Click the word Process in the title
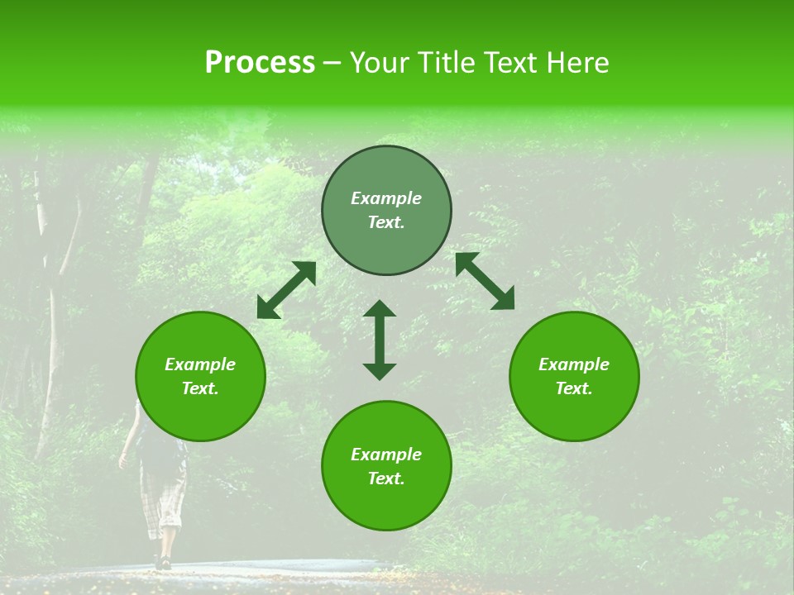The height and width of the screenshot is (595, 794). [x=260, y=63]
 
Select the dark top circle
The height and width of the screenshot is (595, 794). [x=386, y=211]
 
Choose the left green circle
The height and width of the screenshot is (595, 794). [x=200, y=376]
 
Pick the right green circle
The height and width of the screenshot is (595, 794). [x=574, y=376]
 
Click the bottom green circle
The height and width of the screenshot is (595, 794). [x=386, y=465]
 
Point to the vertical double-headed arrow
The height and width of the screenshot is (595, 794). [x=380, y=340]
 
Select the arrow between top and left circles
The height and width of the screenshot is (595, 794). [x=286, y=290]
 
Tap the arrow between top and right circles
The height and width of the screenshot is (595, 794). [x=485, y=281]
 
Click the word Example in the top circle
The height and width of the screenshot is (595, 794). [x=386, y=198]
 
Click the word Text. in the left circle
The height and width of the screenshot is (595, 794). [x=200, y=388]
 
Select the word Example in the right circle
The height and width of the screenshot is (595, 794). [x=574, y=364]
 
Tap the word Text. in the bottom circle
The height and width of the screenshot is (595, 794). [x=386, y=478]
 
